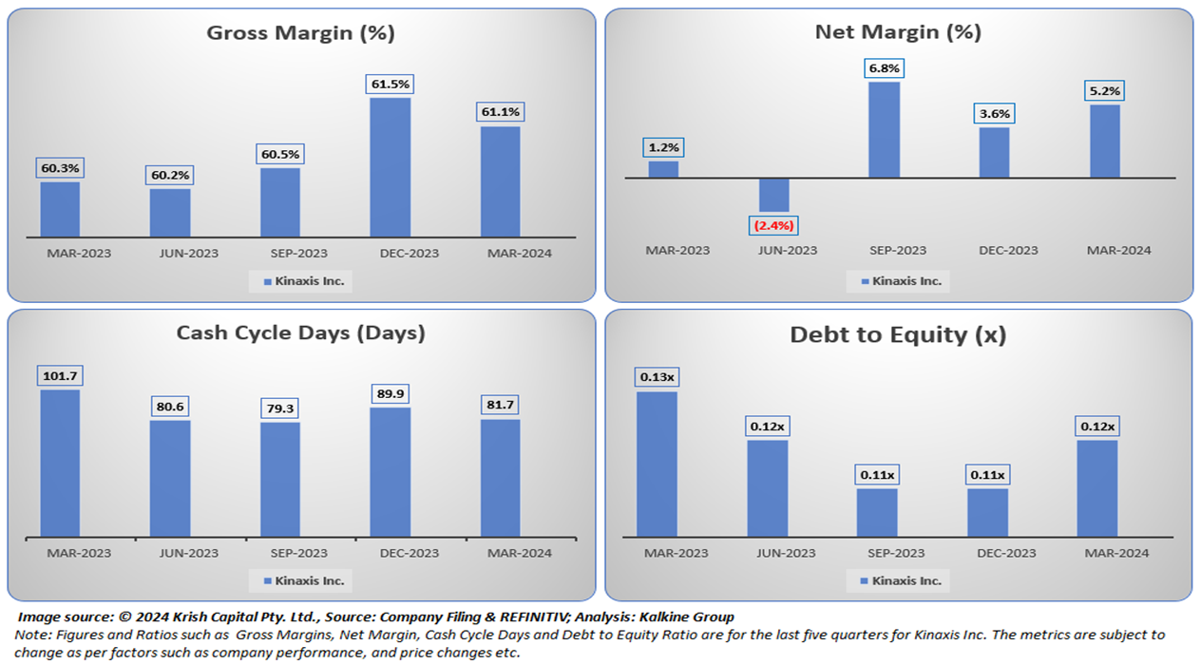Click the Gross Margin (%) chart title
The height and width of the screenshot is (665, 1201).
(300, 33)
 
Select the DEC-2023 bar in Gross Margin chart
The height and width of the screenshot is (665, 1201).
(391, 166)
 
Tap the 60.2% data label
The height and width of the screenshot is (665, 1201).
(170, 176)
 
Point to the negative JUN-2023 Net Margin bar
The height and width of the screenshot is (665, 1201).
(773, 195)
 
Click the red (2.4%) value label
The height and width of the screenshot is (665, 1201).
(773, 225)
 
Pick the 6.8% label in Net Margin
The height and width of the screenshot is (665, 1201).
(884, 68)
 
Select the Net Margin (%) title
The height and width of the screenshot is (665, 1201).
(898, 32)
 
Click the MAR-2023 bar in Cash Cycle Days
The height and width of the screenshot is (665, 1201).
(60, 463)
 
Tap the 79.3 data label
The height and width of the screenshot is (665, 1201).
(280, 408)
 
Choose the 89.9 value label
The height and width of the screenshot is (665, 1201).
(391, 393)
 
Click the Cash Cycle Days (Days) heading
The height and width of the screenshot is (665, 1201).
(300, 333)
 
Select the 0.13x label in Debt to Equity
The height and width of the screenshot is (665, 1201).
(657, 377)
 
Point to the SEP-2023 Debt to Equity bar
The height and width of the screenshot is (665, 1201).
(877, 512)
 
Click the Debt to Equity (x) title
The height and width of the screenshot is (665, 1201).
(898, 335)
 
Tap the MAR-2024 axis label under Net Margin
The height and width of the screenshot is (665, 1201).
(1118, 251)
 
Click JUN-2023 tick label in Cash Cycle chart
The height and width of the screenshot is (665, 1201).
(190, 553)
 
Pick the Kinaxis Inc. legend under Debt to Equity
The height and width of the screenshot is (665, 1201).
(899, 580)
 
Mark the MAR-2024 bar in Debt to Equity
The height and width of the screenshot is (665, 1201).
(1097, 487)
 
